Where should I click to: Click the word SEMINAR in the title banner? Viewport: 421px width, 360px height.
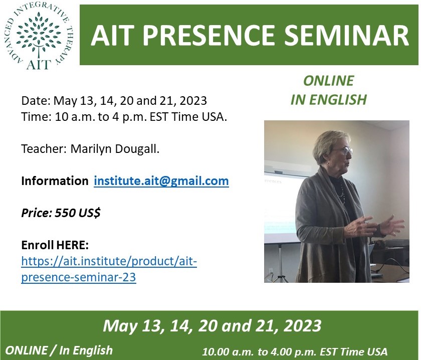(x=346, y=36)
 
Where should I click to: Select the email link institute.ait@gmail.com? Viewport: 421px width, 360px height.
(x=161, y=181)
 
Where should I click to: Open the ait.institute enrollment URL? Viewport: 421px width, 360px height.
(x=109, y=269)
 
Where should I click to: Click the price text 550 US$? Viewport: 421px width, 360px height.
(x=78, y=213)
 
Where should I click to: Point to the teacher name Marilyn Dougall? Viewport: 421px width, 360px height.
(x=115, y=149)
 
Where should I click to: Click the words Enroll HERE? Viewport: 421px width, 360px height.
(x=55, y=245)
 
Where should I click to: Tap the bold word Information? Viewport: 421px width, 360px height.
(x=55, y=181)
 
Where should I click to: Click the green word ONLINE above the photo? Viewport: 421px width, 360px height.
(x=329, y=81)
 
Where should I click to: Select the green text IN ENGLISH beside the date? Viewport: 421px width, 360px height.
(x=329, y=100)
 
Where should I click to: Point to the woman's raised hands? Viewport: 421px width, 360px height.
(x=381, y=225)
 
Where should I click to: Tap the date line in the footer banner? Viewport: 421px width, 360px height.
(x=212, y=325)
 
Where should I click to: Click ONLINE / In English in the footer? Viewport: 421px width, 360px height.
(x=59, y=350)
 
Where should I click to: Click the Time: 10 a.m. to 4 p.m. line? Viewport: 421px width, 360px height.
(x=124, y=117)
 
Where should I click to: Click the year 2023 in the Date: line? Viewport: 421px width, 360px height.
(x=193, y=101)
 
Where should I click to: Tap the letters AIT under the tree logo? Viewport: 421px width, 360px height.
(x=39, y=65)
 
